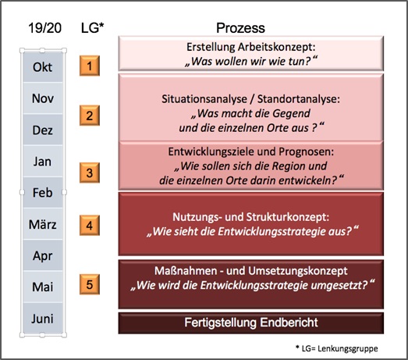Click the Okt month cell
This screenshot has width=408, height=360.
pyautogui.click(x=43, y=66)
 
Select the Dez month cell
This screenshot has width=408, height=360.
pyautogui.click(x=43, y=130)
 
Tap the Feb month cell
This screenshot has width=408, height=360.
pyautogui.click(x=43, y=193)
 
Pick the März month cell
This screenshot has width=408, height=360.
pyautogui.click(x=43, y=224)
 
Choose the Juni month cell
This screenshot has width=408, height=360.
pyautogui.click(x=43, y=318)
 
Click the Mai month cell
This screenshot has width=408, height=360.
pyautogui.click(x=43, y=287)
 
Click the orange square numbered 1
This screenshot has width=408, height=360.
pyautogui.click(x=90, y=66)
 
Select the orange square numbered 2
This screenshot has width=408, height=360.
pyautogui.click(x=90, y=116)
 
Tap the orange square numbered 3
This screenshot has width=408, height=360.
pyautogui.click(x=90, y=173)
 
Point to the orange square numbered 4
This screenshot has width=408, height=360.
pyautogui.click(x=90, y=226)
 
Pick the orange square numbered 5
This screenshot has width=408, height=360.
pyautogui.click(x=90, y=284)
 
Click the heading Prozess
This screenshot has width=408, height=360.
pyautogui.click(x=240, y=28)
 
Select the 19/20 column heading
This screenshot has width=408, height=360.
pyautogui.click(x=44, y=28)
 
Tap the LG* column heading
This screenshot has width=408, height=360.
pyautogui.click(x=92, y=28)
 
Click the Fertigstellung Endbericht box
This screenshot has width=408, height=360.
pyautogui.click(x=251, y=323)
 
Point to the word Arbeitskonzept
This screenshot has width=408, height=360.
pyautogui.click(x=277, y=47)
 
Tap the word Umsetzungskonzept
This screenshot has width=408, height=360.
pyautogui.click(x=298, y=271)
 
